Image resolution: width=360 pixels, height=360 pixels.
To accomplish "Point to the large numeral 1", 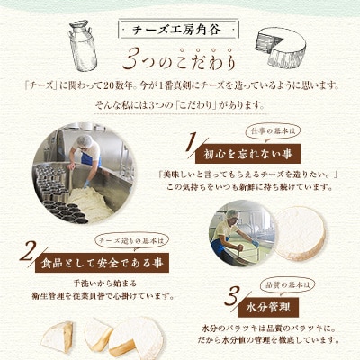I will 191,143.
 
